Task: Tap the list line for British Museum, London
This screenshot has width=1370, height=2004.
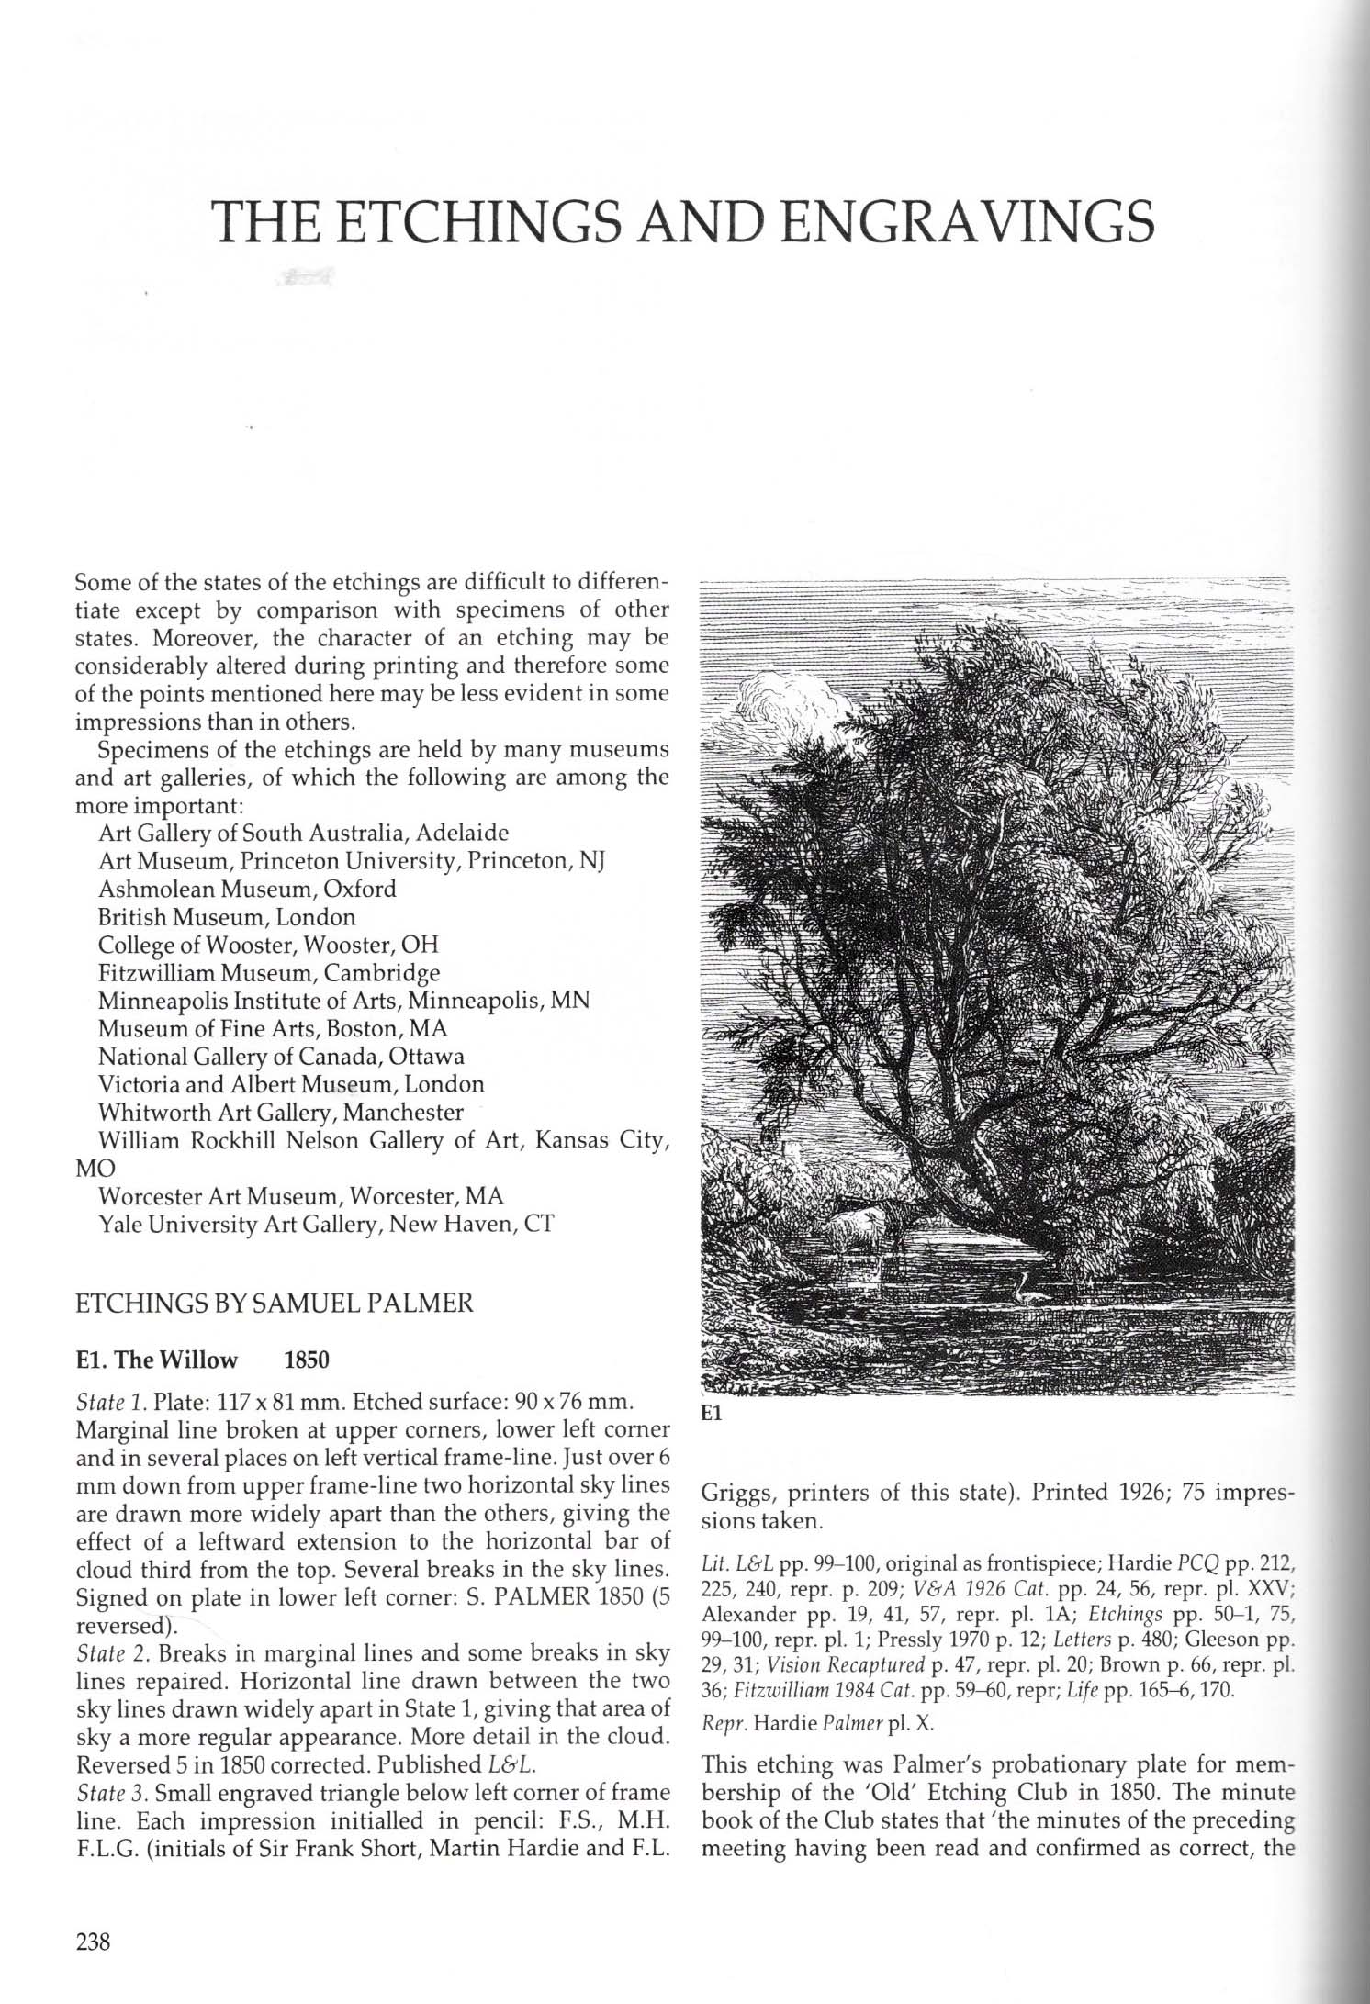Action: (226, 917)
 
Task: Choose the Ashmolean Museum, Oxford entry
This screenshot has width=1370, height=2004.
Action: (247, 889)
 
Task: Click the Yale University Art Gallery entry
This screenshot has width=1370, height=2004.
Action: (326, 1224)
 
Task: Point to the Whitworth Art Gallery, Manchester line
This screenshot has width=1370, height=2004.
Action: (280, 1112)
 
